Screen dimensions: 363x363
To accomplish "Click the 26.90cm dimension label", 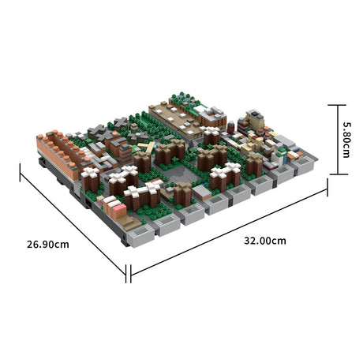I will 47,244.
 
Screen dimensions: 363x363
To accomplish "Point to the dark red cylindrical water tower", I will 231,126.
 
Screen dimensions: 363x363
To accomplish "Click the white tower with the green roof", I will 203,111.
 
